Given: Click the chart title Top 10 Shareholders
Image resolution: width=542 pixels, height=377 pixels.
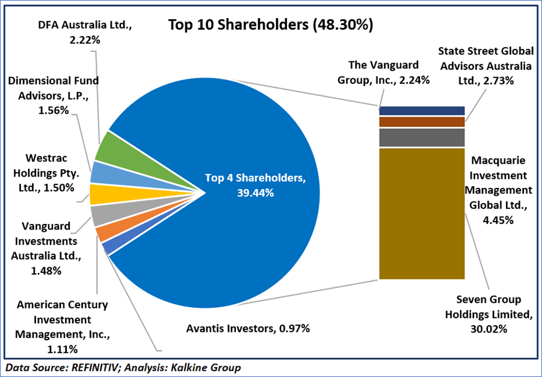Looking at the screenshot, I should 270,25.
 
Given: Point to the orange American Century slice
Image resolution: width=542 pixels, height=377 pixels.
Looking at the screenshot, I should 102,232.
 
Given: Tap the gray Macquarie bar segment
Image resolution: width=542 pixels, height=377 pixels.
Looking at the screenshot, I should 422,137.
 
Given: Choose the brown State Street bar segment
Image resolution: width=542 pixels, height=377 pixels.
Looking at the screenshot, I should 422,122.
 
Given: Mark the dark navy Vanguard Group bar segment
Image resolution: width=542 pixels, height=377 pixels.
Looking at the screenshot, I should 422,110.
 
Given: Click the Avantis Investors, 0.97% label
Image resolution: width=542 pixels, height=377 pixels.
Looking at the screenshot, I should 247,328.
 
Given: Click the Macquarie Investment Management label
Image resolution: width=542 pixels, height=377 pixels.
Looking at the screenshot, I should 499,190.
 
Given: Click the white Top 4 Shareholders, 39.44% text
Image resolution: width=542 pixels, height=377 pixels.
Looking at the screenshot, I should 247,185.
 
